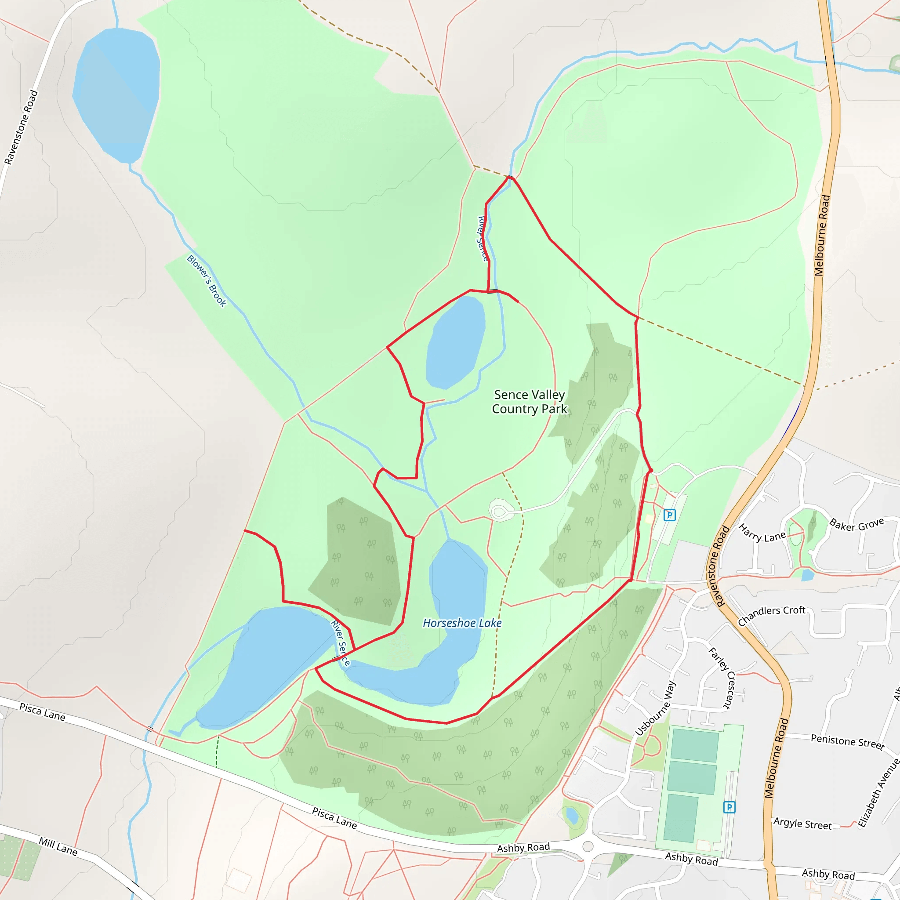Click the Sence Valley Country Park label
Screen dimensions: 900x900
[530, 402]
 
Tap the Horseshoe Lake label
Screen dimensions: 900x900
[462, 623]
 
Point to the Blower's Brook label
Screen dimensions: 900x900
[207, 281]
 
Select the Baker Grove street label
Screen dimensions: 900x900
[856, 525]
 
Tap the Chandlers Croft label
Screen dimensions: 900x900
[771, 615]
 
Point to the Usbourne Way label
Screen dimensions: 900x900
[655, 708]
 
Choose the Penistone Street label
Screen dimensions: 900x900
[847, 741]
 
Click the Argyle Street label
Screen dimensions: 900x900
[802, 824]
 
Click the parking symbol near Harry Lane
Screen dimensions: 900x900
[669, 515]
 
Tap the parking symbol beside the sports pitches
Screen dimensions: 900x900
[729, 807]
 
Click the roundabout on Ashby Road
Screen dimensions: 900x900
[588, 846]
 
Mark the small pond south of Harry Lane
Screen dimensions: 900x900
[808, 575]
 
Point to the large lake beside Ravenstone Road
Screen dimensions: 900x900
[116, 93]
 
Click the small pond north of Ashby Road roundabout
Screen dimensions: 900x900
[572, 816]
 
